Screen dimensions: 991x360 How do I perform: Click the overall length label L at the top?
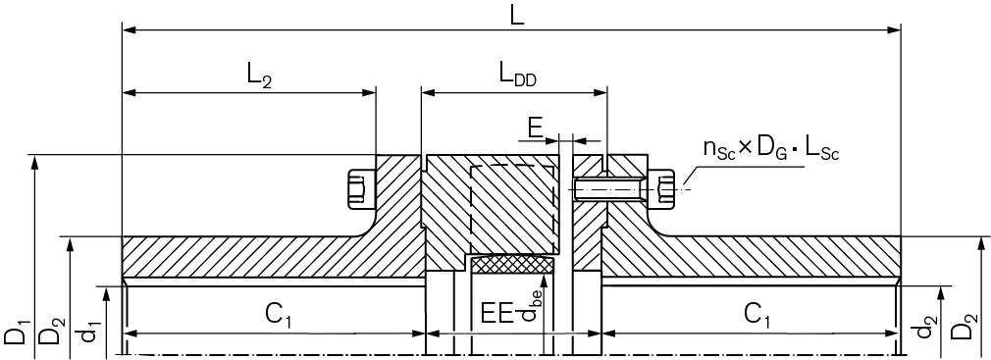pos(517,17)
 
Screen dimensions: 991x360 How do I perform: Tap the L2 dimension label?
pos(260,77)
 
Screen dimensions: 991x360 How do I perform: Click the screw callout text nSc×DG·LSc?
pos(771,149)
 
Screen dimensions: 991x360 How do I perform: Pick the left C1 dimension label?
pos(277,314)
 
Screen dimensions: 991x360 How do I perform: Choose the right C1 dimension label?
pos(756,314)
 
